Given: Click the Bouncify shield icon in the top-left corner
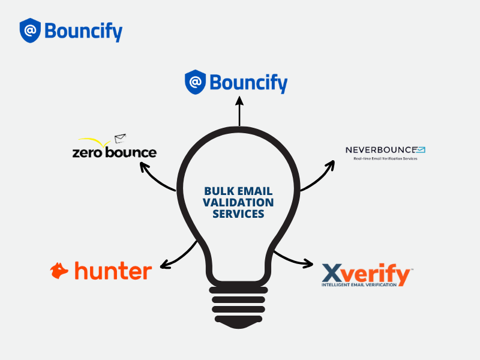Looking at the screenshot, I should tap(30, 31).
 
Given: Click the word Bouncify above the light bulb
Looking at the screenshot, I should tap(248, 83).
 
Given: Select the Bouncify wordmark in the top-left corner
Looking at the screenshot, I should tap(83, 31).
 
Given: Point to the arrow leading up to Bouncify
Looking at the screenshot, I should tap(239, 111).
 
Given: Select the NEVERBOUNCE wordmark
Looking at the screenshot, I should tap(381, 149).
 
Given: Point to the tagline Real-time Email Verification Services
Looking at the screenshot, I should tap(385, 158).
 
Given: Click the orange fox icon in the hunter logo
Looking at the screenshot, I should tap(59, 271).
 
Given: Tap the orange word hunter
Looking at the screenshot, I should tap(113, 271).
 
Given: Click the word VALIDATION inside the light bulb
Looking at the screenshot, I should tap(239, 202).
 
